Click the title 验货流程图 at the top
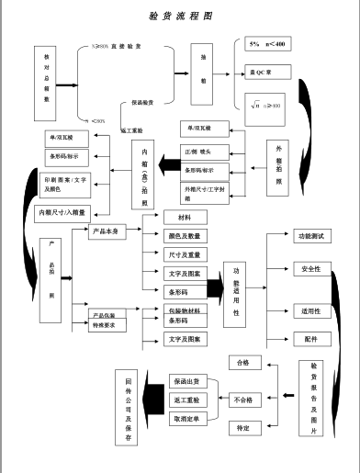(x=180, y=17)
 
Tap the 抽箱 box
(x=204, y=73)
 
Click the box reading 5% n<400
(x=267, y=45)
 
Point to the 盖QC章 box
(x=265, y=73)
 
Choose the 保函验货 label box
(x=143, y=102)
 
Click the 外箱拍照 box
(x=280, y=162)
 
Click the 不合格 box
(x=243, y=400)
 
